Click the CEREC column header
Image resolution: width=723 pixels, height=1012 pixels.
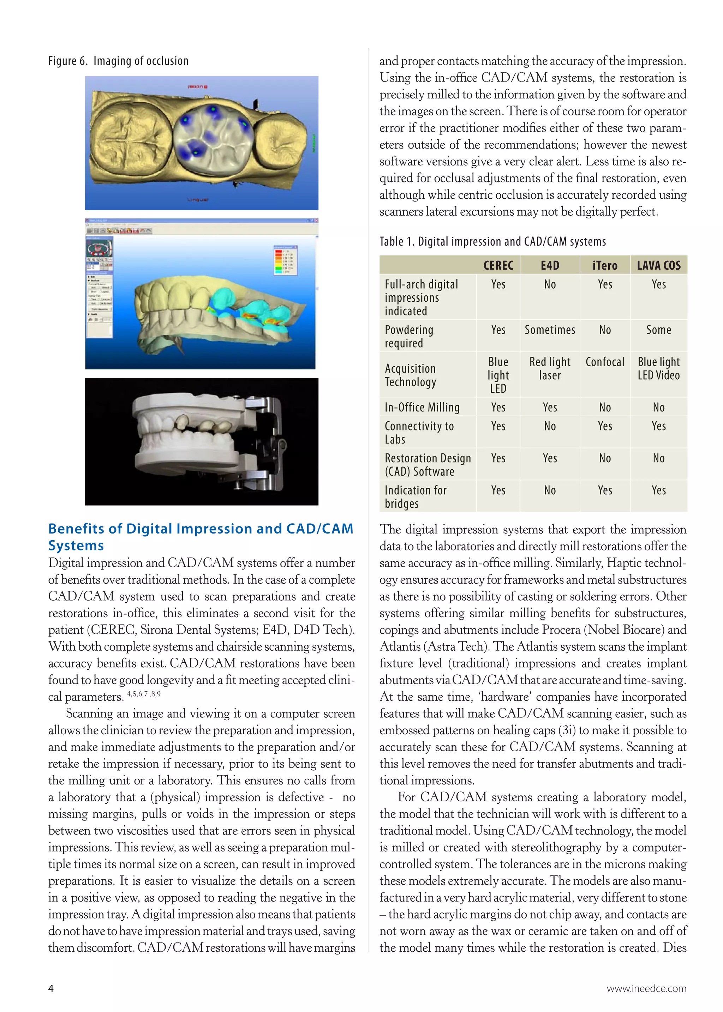(x=498, y=266)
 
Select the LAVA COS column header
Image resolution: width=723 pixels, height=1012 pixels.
(x=658, y=266)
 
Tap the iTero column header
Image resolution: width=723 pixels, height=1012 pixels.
(x=605, y=266)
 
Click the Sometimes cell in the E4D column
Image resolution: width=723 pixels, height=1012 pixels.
(x=549, y=330)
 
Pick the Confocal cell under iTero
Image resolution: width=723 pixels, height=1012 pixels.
(x=605, y=362)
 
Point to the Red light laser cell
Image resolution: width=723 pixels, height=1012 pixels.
(x=549, y=368)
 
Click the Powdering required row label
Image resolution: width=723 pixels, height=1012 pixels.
(x=409, y=336)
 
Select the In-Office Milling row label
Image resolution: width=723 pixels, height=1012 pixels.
(x=422, y=407)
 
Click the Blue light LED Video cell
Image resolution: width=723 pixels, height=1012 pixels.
(x=658, y=368)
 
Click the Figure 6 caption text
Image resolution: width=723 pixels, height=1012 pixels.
(x=118, y=61)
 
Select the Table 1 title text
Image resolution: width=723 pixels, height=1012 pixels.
(x=492, y=242)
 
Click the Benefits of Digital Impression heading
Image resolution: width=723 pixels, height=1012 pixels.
(x=200, y=537)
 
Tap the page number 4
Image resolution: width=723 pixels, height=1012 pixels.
(x=51, y=988)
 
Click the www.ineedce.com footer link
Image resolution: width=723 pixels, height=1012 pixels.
(x=646, y=988)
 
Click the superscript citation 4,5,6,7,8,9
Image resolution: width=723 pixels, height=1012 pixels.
(x=144, y=694)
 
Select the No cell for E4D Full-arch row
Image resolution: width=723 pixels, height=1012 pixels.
(x=549, y=284)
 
